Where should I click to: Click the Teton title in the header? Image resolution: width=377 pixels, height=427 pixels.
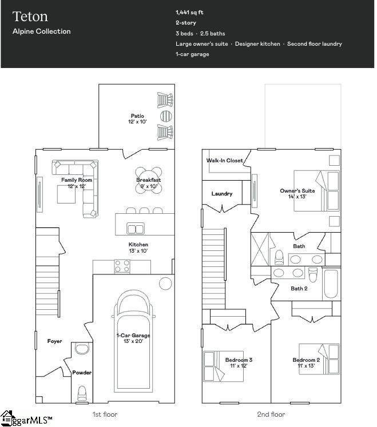[30, 17]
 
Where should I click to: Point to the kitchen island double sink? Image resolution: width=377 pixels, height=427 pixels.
[136, 229]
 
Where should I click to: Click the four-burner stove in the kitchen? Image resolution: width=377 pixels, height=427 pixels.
[122, 266]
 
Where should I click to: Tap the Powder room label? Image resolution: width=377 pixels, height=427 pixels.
[81, 373]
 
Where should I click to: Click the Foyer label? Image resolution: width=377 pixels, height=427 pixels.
[54, 341]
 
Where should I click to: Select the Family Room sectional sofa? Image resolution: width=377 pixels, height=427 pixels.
[86, 183]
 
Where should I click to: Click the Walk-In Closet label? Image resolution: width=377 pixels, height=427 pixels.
[224, 161]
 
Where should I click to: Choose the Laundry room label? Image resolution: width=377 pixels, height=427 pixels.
[222, 194]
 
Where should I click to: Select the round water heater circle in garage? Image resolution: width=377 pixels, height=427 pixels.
[165, 283]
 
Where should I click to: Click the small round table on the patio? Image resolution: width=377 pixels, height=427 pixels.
[165, 116]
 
